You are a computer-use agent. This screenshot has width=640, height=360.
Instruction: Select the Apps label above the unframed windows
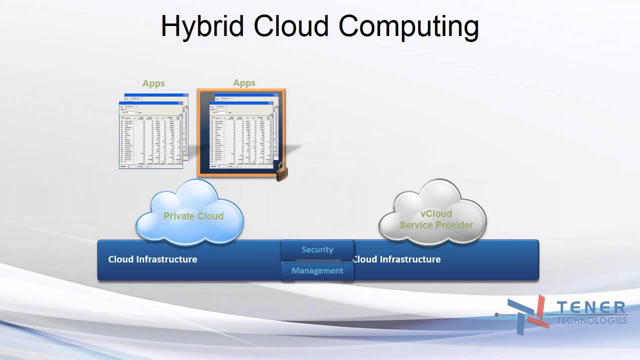coord(153,83)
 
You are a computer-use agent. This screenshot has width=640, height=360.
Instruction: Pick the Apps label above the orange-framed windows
coord(244,83)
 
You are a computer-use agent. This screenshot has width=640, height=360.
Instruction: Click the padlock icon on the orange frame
coord(282,172)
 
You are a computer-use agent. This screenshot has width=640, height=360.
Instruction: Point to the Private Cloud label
coord(193,216)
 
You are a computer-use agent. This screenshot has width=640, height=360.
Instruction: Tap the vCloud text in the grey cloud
coord(436,213)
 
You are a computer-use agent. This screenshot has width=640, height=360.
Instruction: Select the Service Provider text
coord(436,225)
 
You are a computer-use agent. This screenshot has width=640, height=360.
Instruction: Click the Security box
coord(317,249)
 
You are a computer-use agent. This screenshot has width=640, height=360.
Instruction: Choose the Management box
coord(317,270)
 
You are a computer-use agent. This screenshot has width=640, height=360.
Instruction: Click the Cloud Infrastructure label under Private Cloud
coord(152,259)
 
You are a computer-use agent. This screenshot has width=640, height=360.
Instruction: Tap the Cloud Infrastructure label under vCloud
coord(397,259)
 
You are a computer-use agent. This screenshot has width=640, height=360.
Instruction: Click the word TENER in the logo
coord(591,307)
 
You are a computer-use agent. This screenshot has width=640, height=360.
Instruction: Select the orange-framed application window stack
coord(241,132)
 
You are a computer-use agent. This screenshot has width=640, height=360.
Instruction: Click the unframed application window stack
coord(153,131)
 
